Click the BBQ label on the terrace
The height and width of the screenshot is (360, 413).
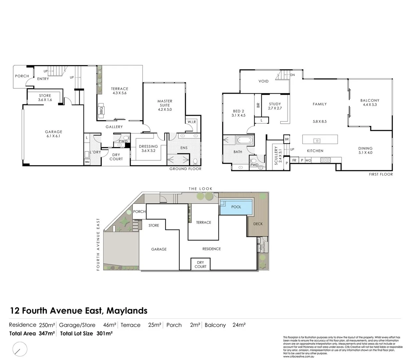point(101,110)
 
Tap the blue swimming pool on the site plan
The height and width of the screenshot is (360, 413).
point(236,207)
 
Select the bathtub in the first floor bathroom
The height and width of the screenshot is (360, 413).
point(245,140)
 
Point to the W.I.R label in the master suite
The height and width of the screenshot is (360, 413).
point(191,122)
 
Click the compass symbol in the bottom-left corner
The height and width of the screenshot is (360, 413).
point(20,350)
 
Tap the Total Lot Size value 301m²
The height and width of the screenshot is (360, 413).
point(104,333)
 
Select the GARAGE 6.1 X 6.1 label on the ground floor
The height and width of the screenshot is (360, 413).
point(53,134)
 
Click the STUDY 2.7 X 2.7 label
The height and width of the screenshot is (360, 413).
point(275,106)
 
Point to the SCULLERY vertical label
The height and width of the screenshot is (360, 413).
point(276,155)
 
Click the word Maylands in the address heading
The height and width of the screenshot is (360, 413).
point(127,311)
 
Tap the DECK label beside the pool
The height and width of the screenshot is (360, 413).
point(258,224)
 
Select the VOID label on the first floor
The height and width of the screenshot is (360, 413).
point(264,81)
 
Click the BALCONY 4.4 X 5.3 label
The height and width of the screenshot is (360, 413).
point(370,102)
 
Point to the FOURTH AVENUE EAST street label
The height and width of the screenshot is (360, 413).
point(98,244)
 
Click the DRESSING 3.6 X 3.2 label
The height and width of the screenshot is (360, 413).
point(148,148)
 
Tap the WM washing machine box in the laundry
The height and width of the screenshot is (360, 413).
point(87,162)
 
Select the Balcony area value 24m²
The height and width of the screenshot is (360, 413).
point(239,325)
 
